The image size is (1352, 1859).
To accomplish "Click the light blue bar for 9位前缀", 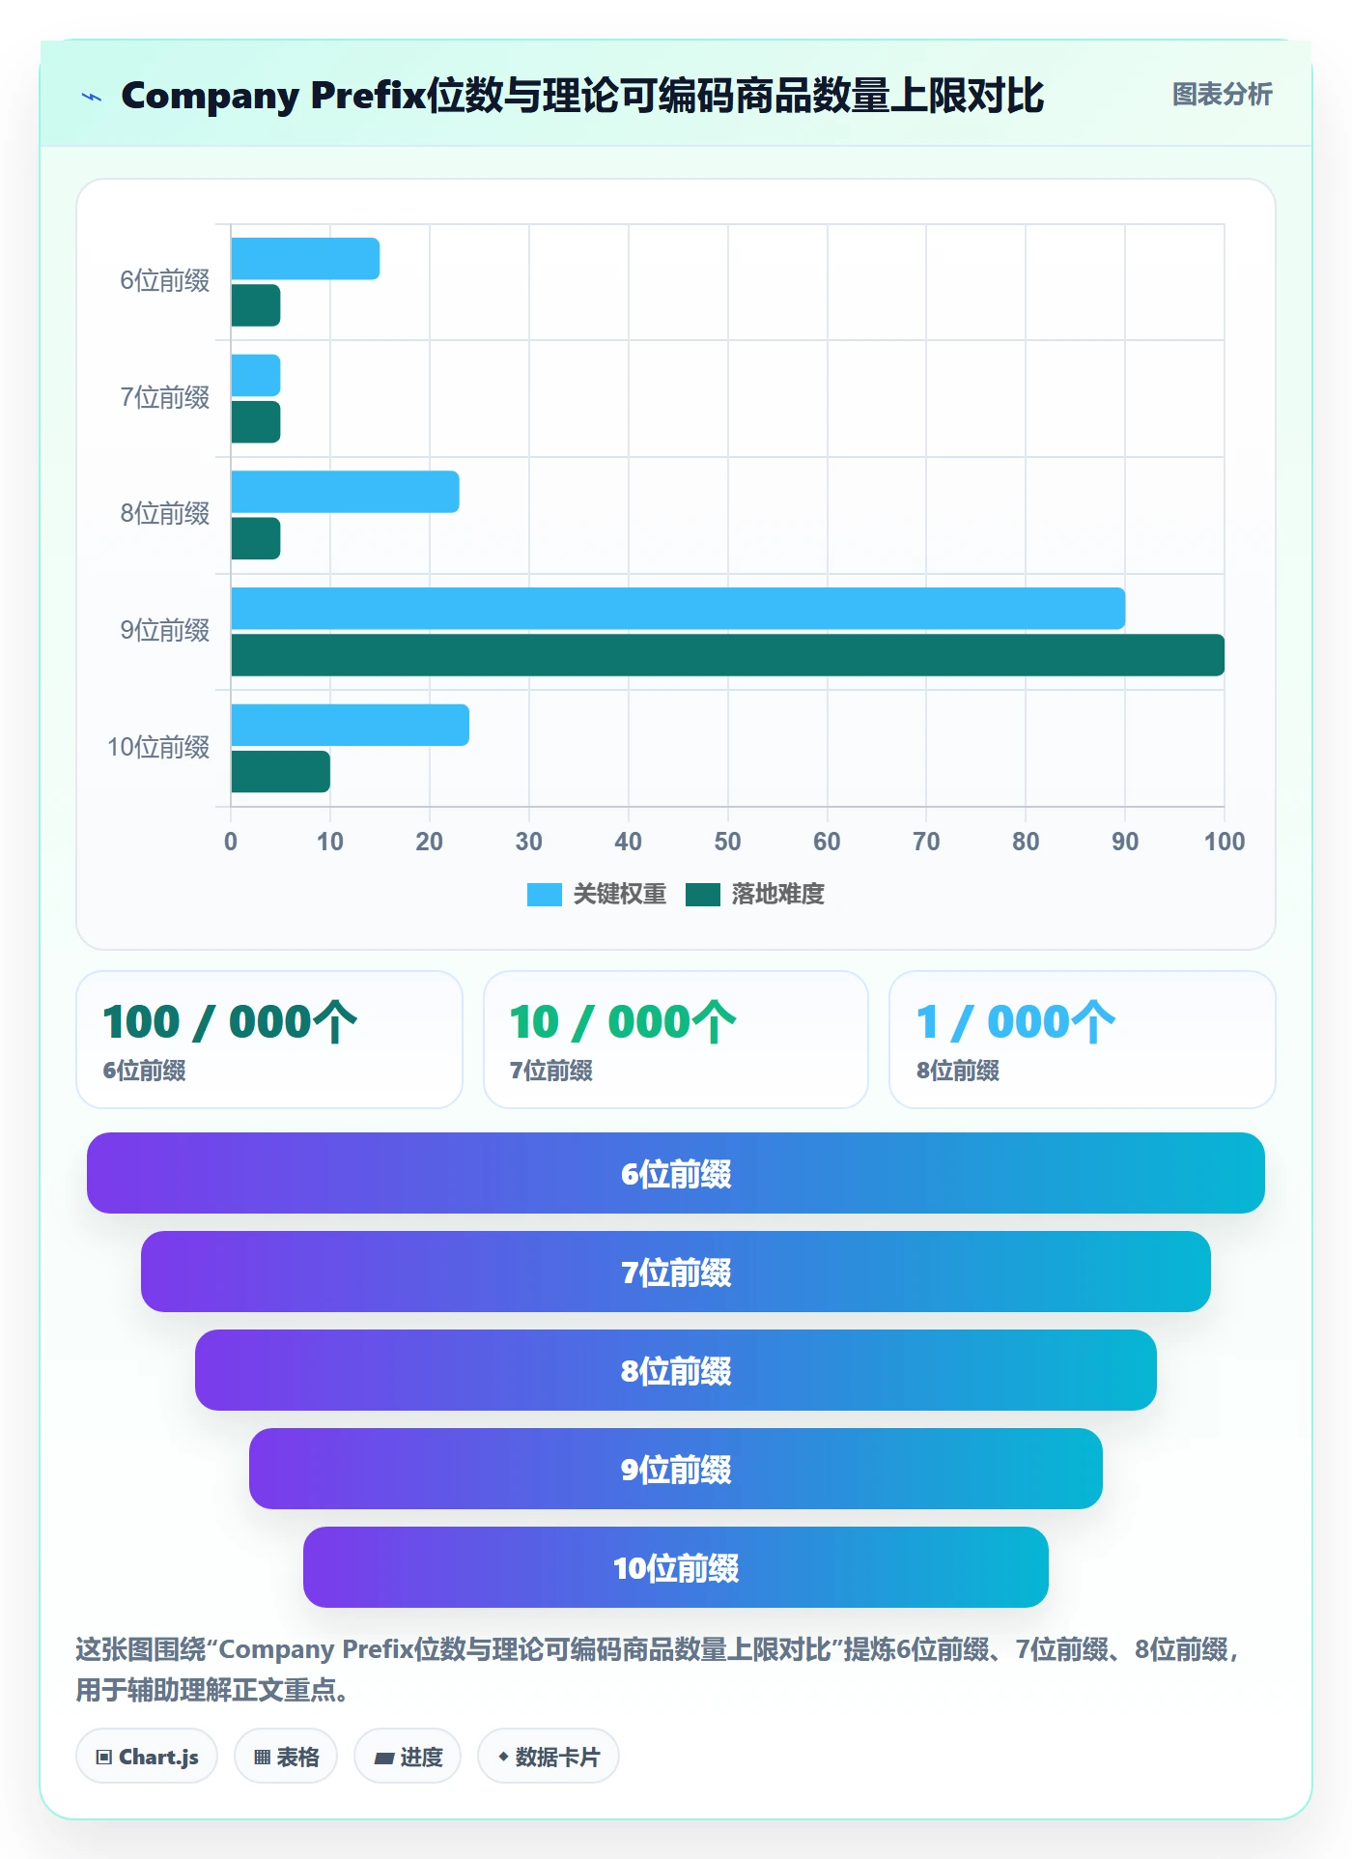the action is [x=678, y=609].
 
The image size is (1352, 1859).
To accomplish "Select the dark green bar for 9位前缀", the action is [x=728, y=655].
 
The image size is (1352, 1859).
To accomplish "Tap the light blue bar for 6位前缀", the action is [x=305, y=259].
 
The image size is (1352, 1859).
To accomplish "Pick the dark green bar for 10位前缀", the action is [x=280, y=772].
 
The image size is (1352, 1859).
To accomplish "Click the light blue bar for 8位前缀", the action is [x=345, y=492].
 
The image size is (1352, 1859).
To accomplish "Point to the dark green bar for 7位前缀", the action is [x=256, y=422].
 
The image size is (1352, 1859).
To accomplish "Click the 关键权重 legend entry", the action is [x=597, y=895].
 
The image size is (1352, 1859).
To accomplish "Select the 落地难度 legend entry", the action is [x=755, y=895].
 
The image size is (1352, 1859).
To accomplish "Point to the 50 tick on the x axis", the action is [x=727, y=842].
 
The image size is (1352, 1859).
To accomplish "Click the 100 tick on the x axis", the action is [x=1225, y=842].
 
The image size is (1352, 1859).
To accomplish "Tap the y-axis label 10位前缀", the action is [x=158, y=747].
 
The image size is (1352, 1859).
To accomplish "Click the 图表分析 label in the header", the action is [x=1222, y=95].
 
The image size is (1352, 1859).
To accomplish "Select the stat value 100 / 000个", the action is [x=230, y=1022].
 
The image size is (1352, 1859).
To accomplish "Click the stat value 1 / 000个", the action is [x=1016, y=1022].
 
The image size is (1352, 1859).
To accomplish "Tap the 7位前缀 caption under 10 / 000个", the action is [x=551, y=1071].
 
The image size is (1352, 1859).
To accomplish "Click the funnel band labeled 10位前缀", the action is [x=676, y=1567].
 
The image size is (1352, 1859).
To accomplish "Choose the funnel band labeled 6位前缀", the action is [x=676, y=1173].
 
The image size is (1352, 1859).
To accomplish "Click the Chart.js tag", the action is [x=147, y=1757].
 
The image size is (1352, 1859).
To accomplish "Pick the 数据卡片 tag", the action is [x=548, y=1757].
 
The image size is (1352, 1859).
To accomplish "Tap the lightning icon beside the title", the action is [x=92, y=97].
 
